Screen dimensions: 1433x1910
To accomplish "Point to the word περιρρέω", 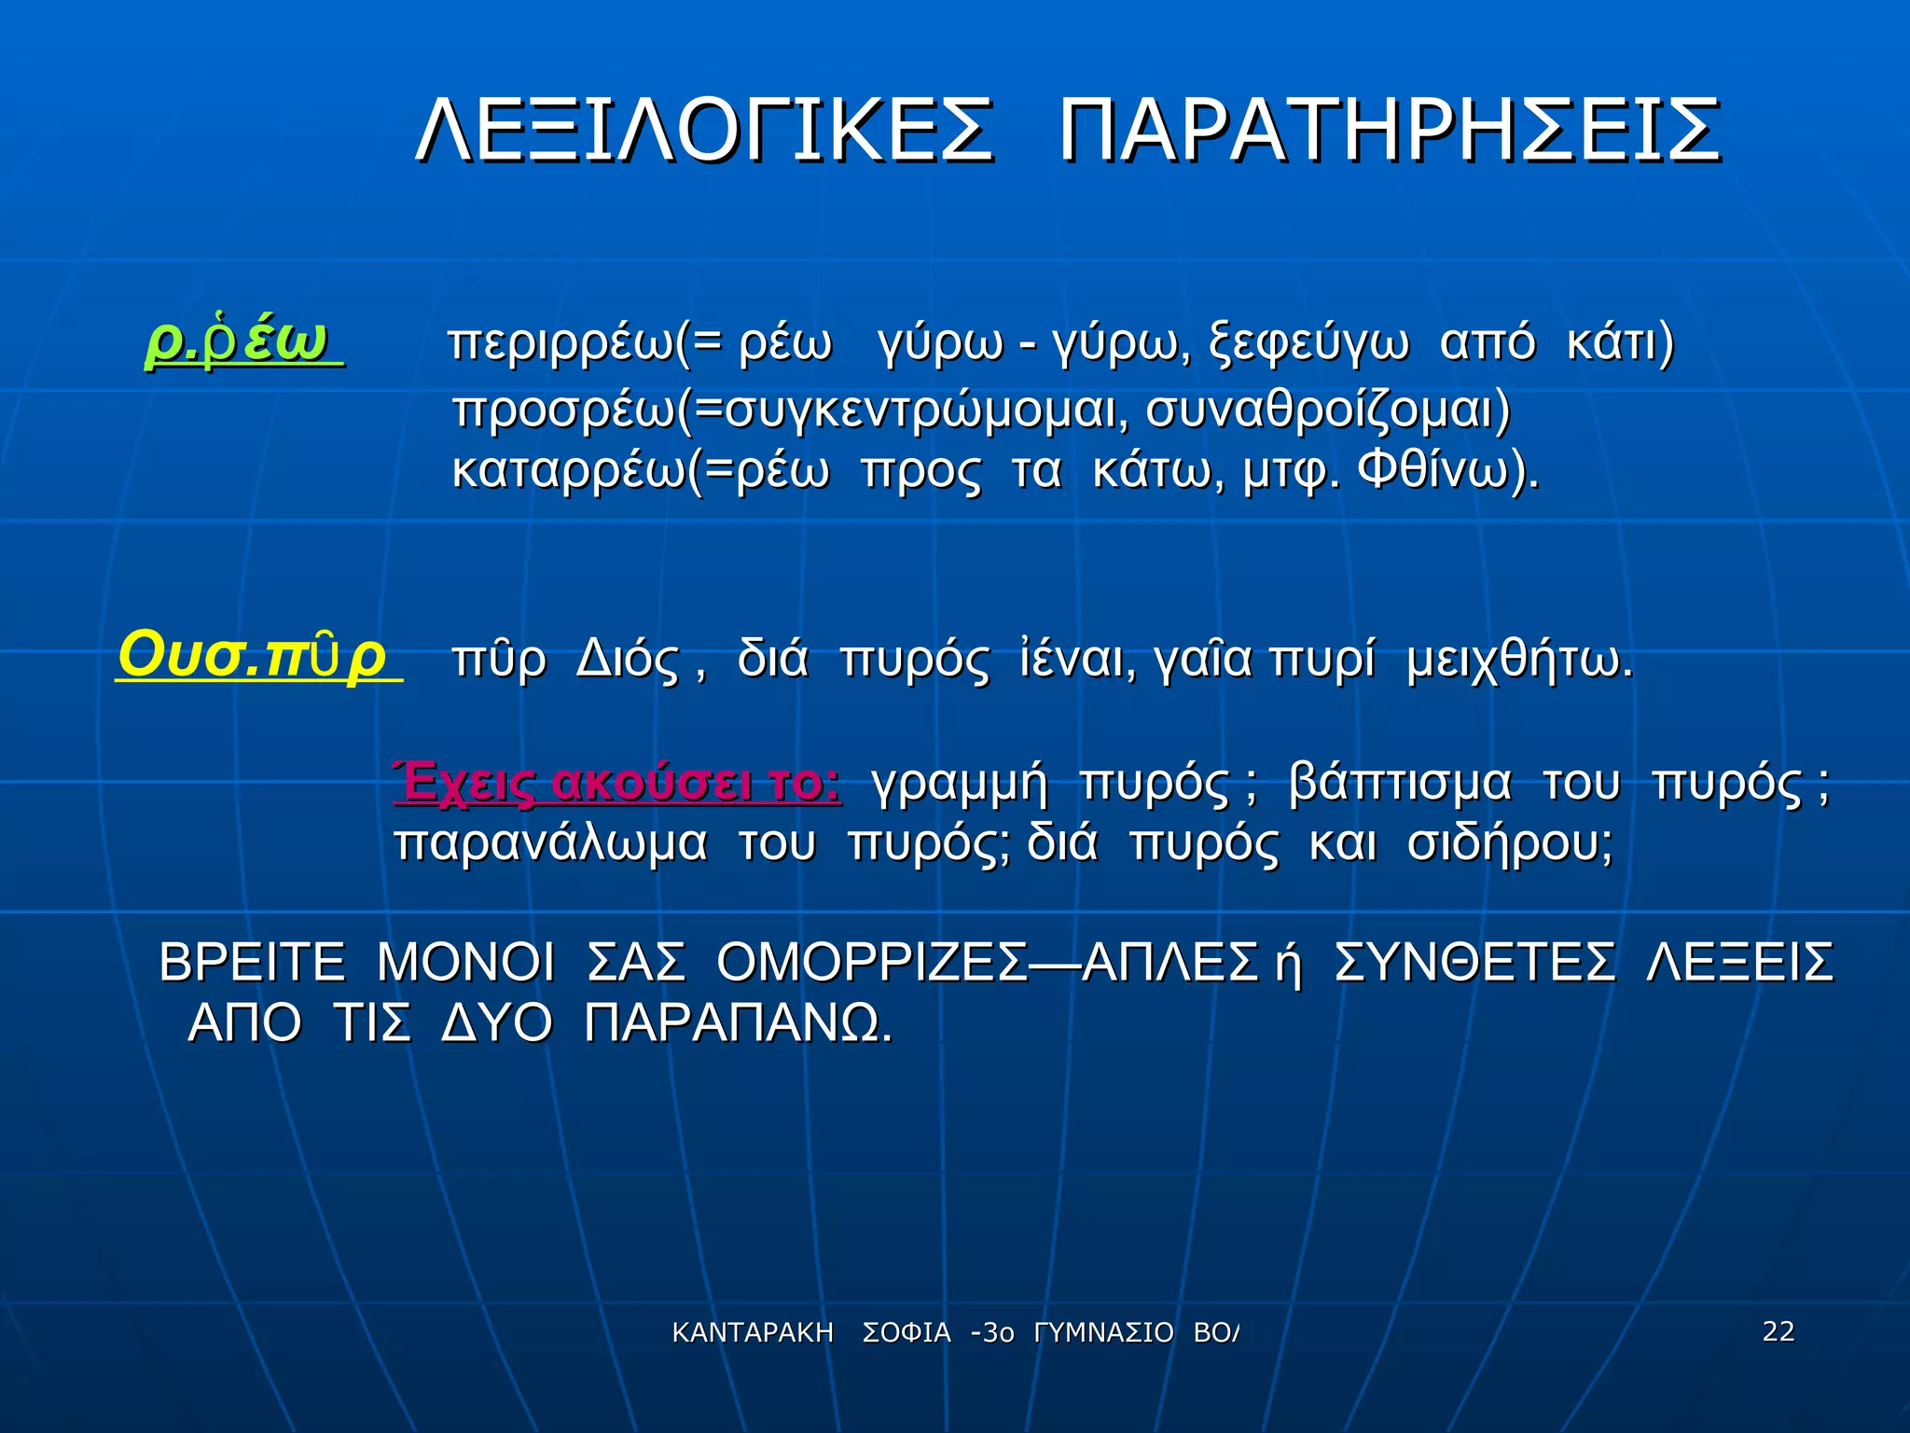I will pos(560,343).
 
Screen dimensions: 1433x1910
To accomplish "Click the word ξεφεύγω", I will pos(1308,343).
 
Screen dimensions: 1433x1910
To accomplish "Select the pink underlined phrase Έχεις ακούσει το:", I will pos(617,784).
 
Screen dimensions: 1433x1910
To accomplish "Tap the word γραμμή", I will pos(960,784).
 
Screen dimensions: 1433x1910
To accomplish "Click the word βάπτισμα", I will pos(1399,784).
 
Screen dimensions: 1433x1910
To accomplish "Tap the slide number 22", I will pos(1778,1331).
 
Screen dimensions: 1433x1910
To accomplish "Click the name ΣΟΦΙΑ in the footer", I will pos(907,1333).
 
